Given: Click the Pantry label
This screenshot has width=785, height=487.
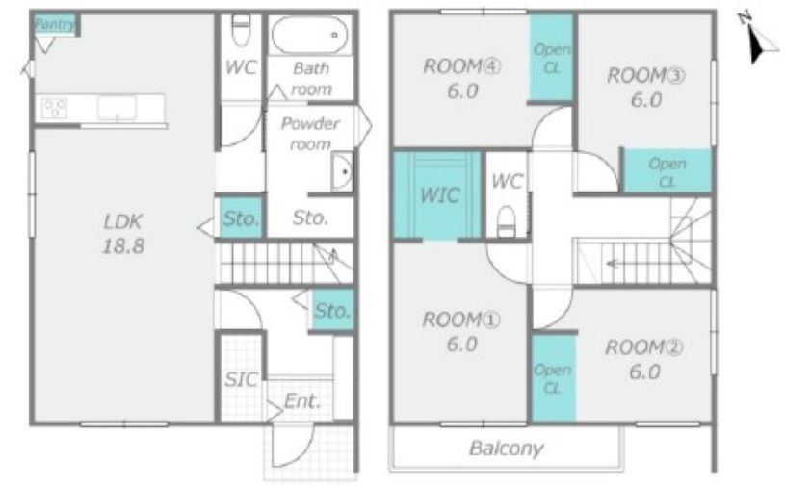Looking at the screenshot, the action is pos(55,24).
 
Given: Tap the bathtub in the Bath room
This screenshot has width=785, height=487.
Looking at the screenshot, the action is pos(310,35).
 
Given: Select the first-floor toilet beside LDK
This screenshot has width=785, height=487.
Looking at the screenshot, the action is pos(242,30).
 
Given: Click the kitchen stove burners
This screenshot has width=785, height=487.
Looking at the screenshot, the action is pos(55,108).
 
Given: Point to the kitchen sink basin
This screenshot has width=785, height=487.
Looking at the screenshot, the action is pos(117,108).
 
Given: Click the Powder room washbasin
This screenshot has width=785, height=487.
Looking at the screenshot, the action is pos(343,171).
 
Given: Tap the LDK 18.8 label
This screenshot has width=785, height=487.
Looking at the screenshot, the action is pos(123,234).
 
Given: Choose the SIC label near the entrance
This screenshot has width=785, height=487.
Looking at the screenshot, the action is pos(241,380).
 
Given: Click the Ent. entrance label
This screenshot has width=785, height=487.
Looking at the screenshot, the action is pos(302,401).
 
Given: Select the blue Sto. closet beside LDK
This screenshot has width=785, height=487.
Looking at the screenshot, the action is pos(241,218).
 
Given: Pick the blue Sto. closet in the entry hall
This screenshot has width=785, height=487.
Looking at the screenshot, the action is pos(333,310).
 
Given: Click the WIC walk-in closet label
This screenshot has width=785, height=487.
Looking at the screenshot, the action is pos(439,195).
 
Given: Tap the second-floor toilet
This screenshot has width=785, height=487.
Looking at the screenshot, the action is pos(507,221).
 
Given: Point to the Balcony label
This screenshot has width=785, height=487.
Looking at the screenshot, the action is pos(506,449).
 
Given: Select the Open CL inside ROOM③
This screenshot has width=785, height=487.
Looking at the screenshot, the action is pos(667,171).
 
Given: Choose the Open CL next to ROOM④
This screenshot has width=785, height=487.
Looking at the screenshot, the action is pos(552,58).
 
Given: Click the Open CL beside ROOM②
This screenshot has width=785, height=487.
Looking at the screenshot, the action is pos(553,378).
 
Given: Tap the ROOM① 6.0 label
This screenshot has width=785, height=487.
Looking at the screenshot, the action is pos(461,331).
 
